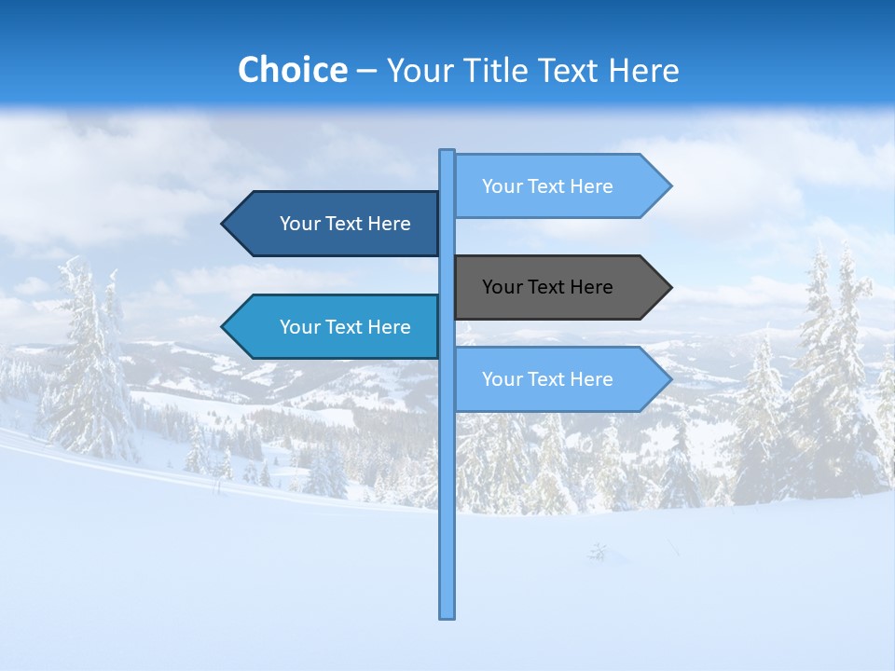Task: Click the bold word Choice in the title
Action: point(292,70)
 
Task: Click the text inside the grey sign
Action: point(547,287)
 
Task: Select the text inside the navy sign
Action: point(345,224)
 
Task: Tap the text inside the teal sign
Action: point(345,327)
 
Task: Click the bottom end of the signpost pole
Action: point(447,615)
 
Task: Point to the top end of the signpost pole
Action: point(447,153)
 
